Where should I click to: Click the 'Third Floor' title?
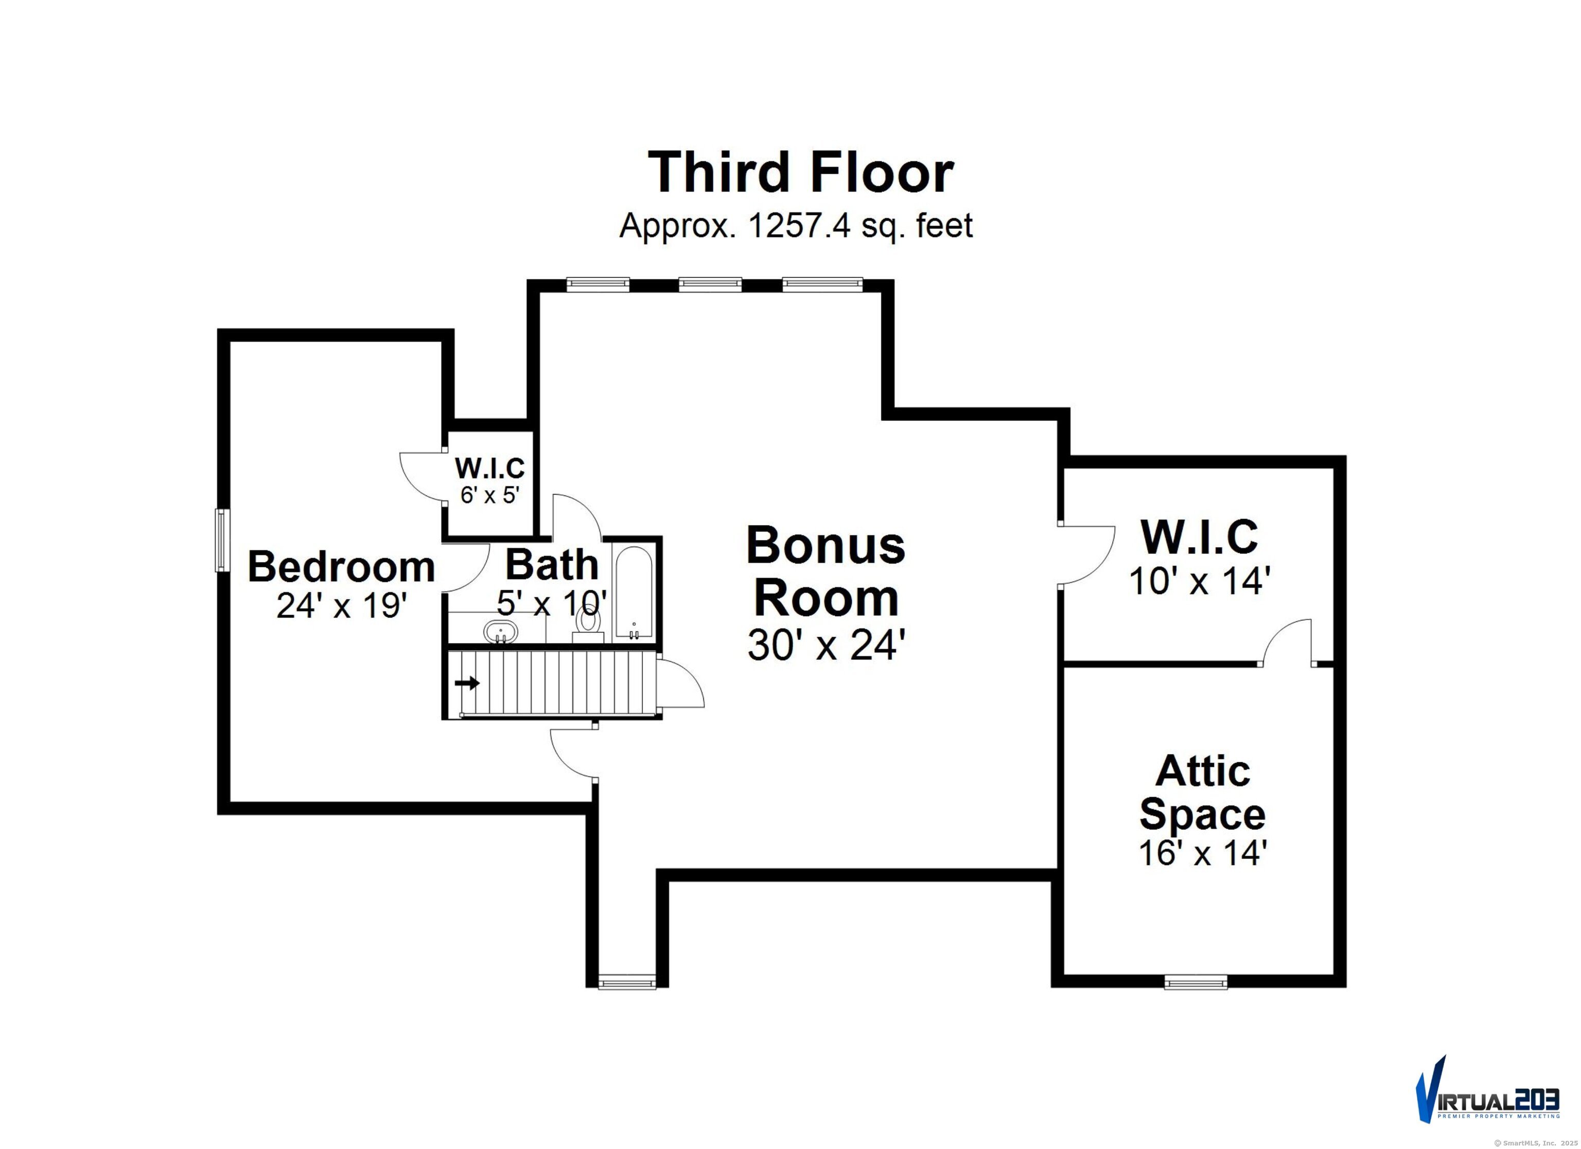coord(800,173)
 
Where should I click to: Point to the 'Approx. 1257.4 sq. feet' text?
coord(795,226)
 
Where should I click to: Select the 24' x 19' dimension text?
coord(341,605)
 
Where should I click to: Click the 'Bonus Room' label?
coord(825,571)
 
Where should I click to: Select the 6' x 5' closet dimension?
coord(489,495)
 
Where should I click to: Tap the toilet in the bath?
coord(588,622)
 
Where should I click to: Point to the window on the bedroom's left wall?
coord(221,540)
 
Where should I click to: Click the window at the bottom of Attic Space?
coord(1196,982)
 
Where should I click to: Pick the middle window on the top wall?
coord(710,284)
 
